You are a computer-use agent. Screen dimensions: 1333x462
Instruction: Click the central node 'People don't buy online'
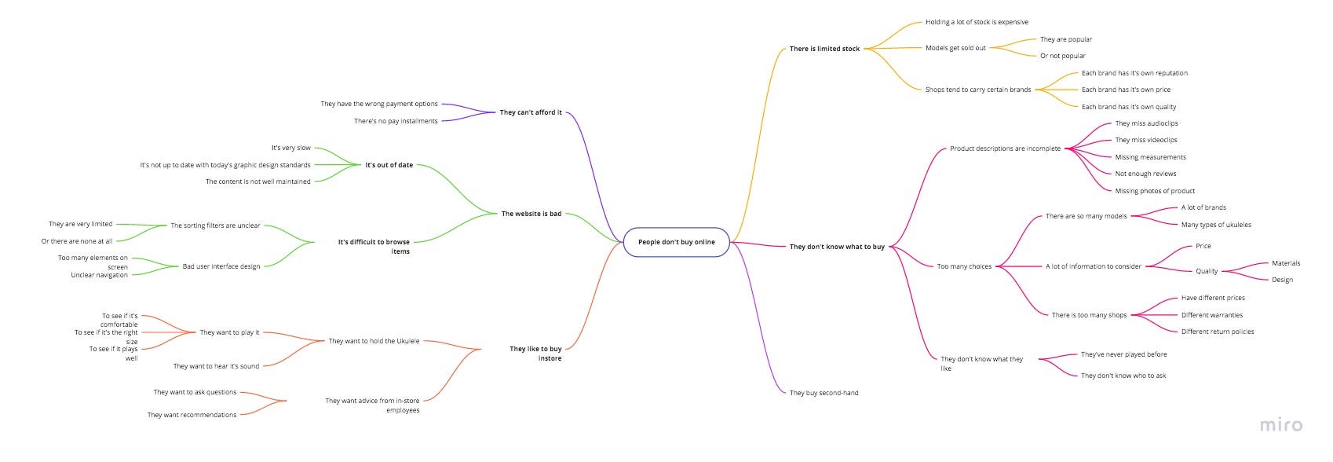(x=676, y=242)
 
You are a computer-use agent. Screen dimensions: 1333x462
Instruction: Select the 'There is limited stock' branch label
(x=824, y=49)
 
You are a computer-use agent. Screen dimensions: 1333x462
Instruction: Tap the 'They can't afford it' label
(x=531, y=112)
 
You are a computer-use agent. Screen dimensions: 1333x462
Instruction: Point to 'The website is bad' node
(x=531, y=214)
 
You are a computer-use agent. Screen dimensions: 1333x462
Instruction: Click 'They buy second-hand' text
(x=824, y=393)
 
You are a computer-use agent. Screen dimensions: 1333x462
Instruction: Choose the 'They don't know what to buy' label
(x=837, y=247)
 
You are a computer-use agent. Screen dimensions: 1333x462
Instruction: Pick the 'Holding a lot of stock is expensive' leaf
(x=977, y=22)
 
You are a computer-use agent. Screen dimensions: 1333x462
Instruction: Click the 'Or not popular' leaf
(x=1063, y=56)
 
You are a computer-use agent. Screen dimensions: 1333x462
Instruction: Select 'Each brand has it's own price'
(x=1126, y=90)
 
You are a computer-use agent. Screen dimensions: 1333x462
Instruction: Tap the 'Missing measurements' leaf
(x=1150, y=157)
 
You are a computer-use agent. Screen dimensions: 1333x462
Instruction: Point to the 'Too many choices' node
(x=964, y=266)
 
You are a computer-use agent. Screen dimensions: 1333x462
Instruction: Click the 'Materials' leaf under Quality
(x=1286, y=263)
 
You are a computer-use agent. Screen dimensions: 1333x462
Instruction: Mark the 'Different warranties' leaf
(x=1212, y=315)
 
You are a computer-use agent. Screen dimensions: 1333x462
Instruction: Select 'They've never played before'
(x=1123, y=354)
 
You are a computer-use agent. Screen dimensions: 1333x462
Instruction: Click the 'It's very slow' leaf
(x=291, y=148)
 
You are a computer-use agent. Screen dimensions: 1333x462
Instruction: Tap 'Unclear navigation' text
(x=99, y=275)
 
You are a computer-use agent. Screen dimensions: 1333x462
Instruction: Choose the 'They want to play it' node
(x=229, y=332)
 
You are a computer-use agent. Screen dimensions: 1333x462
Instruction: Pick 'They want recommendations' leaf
(x=192, y=415)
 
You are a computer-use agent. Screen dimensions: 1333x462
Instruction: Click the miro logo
(x=1280, y=425)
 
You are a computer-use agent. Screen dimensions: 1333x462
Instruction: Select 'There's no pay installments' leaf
(x=396, y=121)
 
